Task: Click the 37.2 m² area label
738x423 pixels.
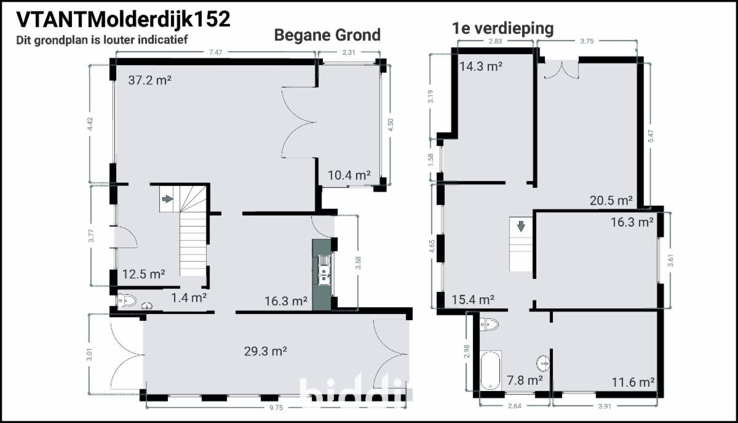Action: pos(149,80)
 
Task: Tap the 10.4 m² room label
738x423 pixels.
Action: pos(349,175)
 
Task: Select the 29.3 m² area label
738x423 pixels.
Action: pos(265,352)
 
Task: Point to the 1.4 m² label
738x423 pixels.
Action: pos(189,298)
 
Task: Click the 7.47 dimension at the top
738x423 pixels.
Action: pos(215,52)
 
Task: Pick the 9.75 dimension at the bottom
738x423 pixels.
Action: pos(276,408)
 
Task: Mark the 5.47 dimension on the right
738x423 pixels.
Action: pos(651,136)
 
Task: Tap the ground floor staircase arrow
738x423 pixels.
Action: pos(168,199)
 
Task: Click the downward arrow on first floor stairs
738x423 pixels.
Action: pos(521,226)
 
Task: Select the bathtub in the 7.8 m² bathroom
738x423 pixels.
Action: pos(491,371)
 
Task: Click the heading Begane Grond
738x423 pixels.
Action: pos(327,35)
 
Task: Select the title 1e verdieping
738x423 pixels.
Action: pos(502,28)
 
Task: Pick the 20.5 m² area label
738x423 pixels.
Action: pos(611,201)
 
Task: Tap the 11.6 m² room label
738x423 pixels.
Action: pos(633,382)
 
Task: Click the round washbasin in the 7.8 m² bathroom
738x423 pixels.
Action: pos(542,363)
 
